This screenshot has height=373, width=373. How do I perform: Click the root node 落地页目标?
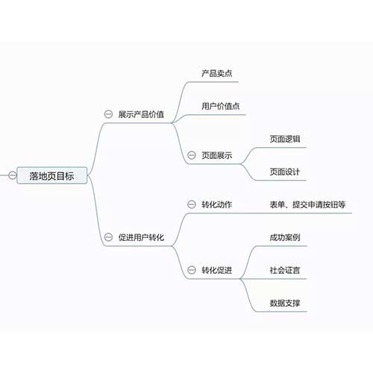51,176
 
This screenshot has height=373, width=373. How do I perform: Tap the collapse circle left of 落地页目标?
13,175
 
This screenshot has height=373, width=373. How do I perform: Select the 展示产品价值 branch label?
141,114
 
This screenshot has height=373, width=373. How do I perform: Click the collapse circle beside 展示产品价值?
108,114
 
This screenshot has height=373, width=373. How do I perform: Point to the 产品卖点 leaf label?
217,73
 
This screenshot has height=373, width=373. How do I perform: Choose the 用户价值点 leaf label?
221,106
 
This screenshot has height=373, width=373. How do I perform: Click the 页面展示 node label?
217,155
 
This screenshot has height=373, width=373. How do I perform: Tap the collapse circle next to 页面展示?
192,155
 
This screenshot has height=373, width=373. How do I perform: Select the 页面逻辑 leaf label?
285,139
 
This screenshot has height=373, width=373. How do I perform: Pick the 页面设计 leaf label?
285,172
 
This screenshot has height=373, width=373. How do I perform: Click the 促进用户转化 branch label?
141,237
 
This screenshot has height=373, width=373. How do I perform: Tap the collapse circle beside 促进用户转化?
108,237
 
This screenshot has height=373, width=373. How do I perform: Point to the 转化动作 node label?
217,204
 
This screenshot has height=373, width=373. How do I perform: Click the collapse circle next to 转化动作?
192,204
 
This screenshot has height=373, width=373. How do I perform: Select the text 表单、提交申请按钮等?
307,204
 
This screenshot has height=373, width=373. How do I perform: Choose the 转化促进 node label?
217,270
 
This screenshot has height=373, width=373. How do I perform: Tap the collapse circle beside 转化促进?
192,270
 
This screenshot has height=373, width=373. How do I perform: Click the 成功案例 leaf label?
285,237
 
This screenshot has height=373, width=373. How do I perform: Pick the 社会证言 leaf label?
285,270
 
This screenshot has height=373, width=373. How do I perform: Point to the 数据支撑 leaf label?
285,303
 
